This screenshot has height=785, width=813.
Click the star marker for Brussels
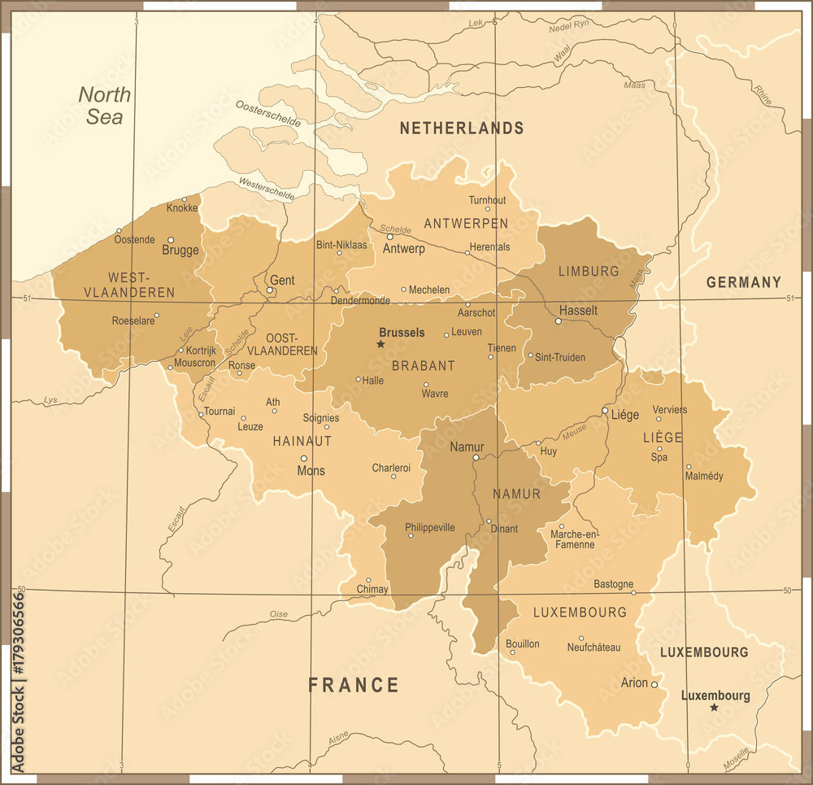(x=380, y=344)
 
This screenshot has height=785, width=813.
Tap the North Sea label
(x=105, y=106)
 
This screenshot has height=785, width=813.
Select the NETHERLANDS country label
(x=461, y=128)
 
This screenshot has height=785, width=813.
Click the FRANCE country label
(x=354, y=685)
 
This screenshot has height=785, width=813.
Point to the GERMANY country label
(x=743, y=282)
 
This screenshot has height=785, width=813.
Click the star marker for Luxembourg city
(x=714, y=708)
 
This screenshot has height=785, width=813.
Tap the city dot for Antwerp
(x=389, y=237)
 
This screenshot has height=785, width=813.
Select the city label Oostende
(x=134, y=239)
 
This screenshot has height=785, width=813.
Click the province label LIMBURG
(x=589, y=271)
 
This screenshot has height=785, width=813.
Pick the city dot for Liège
(x=605, y=411)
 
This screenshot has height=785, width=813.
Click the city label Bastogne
(x=614, y=584)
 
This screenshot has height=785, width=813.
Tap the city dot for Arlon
(x=654, y=684)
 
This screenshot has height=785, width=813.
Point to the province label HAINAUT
(x=302, y=441)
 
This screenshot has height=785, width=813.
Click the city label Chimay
(x=372, y=589)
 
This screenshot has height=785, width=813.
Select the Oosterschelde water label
(x=267, y=113)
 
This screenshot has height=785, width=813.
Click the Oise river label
(x=279, y=614)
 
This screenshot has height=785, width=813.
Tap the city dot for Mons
(x=304, y=458)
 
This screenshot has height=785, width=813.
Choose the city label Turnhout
(x=487, y=200)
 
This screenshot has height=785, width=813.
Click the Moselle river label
(x=737, y=760)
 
